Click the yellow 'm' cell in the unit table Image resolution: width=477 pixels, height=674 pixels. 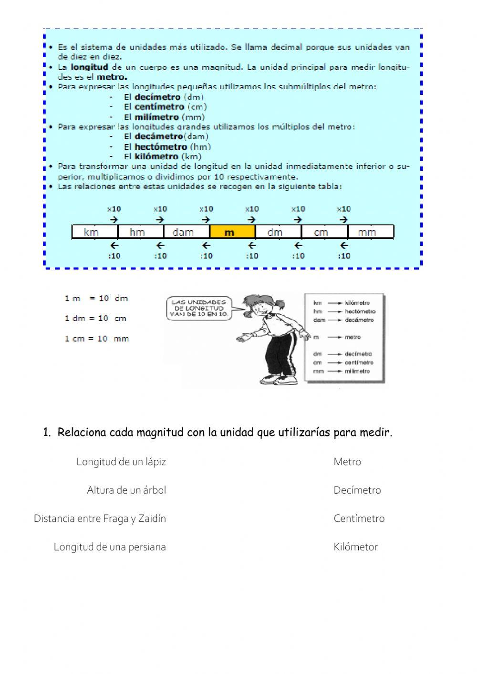232,232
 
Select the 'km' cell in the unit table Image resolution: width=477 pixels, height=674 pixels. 94,232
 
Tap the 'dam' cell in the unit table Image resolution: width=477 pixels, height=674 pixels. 186,232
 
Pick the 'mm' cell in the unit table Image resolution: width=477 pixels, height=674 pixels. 370,232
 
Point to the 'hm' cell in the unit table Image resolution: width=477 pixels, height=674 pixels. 140,232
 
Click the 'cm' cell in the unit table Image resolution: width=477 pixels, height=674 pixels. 324,232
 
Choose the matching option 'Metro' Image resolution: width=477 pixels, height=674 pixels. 347,462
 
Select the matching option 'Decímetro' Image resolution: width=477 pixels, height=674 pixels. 357,490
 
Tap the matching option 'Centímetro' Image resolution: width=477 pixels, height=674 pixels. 359,518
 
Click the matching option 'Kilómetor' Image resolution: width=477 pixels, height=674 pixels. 356,547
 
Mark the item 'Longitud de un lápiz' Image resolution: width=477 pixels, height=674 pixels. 121,462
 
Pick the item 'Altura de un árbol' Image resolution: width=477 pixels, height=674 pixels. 126,490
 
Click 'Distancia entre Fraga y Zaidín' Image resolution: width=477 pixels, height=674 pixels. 100,518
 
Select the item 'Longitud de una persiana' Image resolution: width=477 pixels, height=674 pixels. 110,547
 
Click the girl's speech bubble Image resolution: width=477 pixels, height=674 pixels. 198,309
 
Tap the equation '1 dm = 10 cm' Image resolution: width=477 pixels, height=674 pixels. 95,318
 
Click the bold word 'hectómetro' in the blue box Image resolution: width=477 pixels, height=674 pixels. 161,147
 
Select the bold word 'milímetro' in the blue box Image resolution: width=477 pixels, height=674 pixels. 156,117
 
